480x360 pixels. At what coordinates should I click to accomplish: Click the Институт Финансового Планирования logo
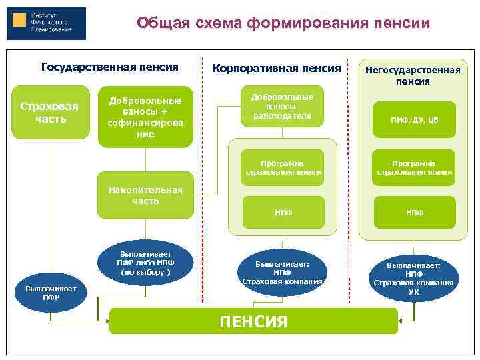point(46,24)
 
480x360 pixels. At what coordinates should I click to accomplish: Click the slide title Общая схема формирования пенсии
point(283,24)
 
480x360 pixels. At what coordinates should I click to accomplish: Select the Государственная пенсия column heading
point(110,67)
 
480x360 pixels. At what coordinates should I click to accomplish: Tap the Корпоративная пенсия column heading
point(276,68)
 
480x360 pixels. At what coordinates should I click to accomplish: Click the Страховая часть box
point(48,113)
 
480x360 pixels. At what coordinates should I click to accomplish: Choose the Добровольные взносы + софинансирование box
point(145,116)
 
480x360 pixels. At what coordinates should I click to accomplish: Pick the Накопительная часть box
point(145,196)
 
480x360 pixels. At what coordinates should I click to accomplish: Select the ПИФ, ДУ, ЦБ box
point(414,120)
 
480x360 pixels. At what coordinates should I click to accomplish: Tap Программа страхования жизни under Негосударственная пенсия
point(414,167)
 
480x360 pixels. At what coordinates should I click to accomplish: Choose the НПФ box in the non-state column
point(414,213)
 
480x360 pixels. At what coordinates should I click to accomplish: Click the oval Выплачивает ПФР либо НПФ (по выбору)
point(145,263)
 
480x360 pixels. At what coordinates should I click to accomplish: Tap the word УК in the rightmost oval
point(413,291)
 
